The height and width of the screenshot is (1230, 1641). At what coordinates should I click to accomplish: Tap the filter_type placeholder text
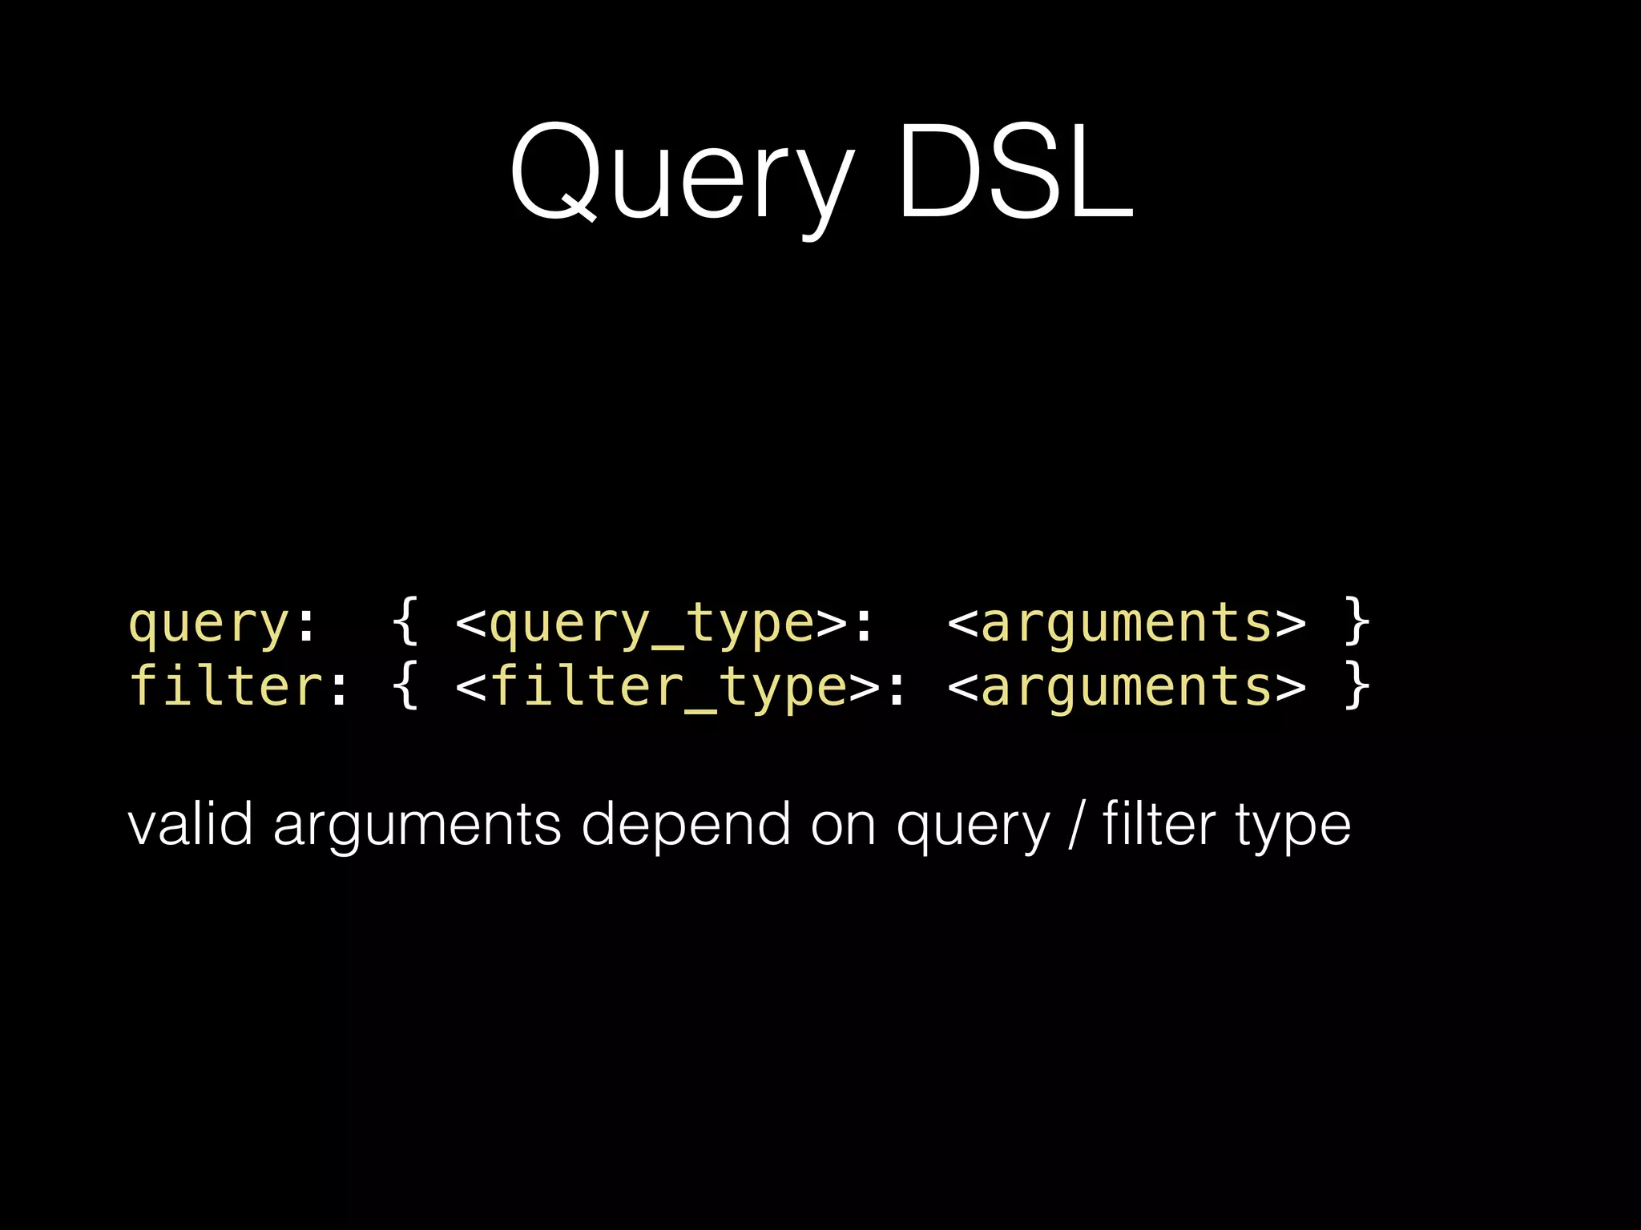point(668,687)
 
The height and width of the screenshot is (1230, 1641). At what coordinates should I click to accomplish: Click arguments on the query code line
point(1126,623)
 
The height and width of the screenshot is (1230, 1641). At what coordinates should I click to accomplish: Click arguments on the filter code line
point(1126,687)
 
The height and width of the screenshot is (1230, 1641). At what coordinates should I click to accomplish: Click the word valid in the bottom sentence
point(191,824)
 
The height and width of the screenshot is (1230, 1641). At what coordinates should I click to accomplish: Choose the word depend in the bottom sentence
point(686,826)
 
